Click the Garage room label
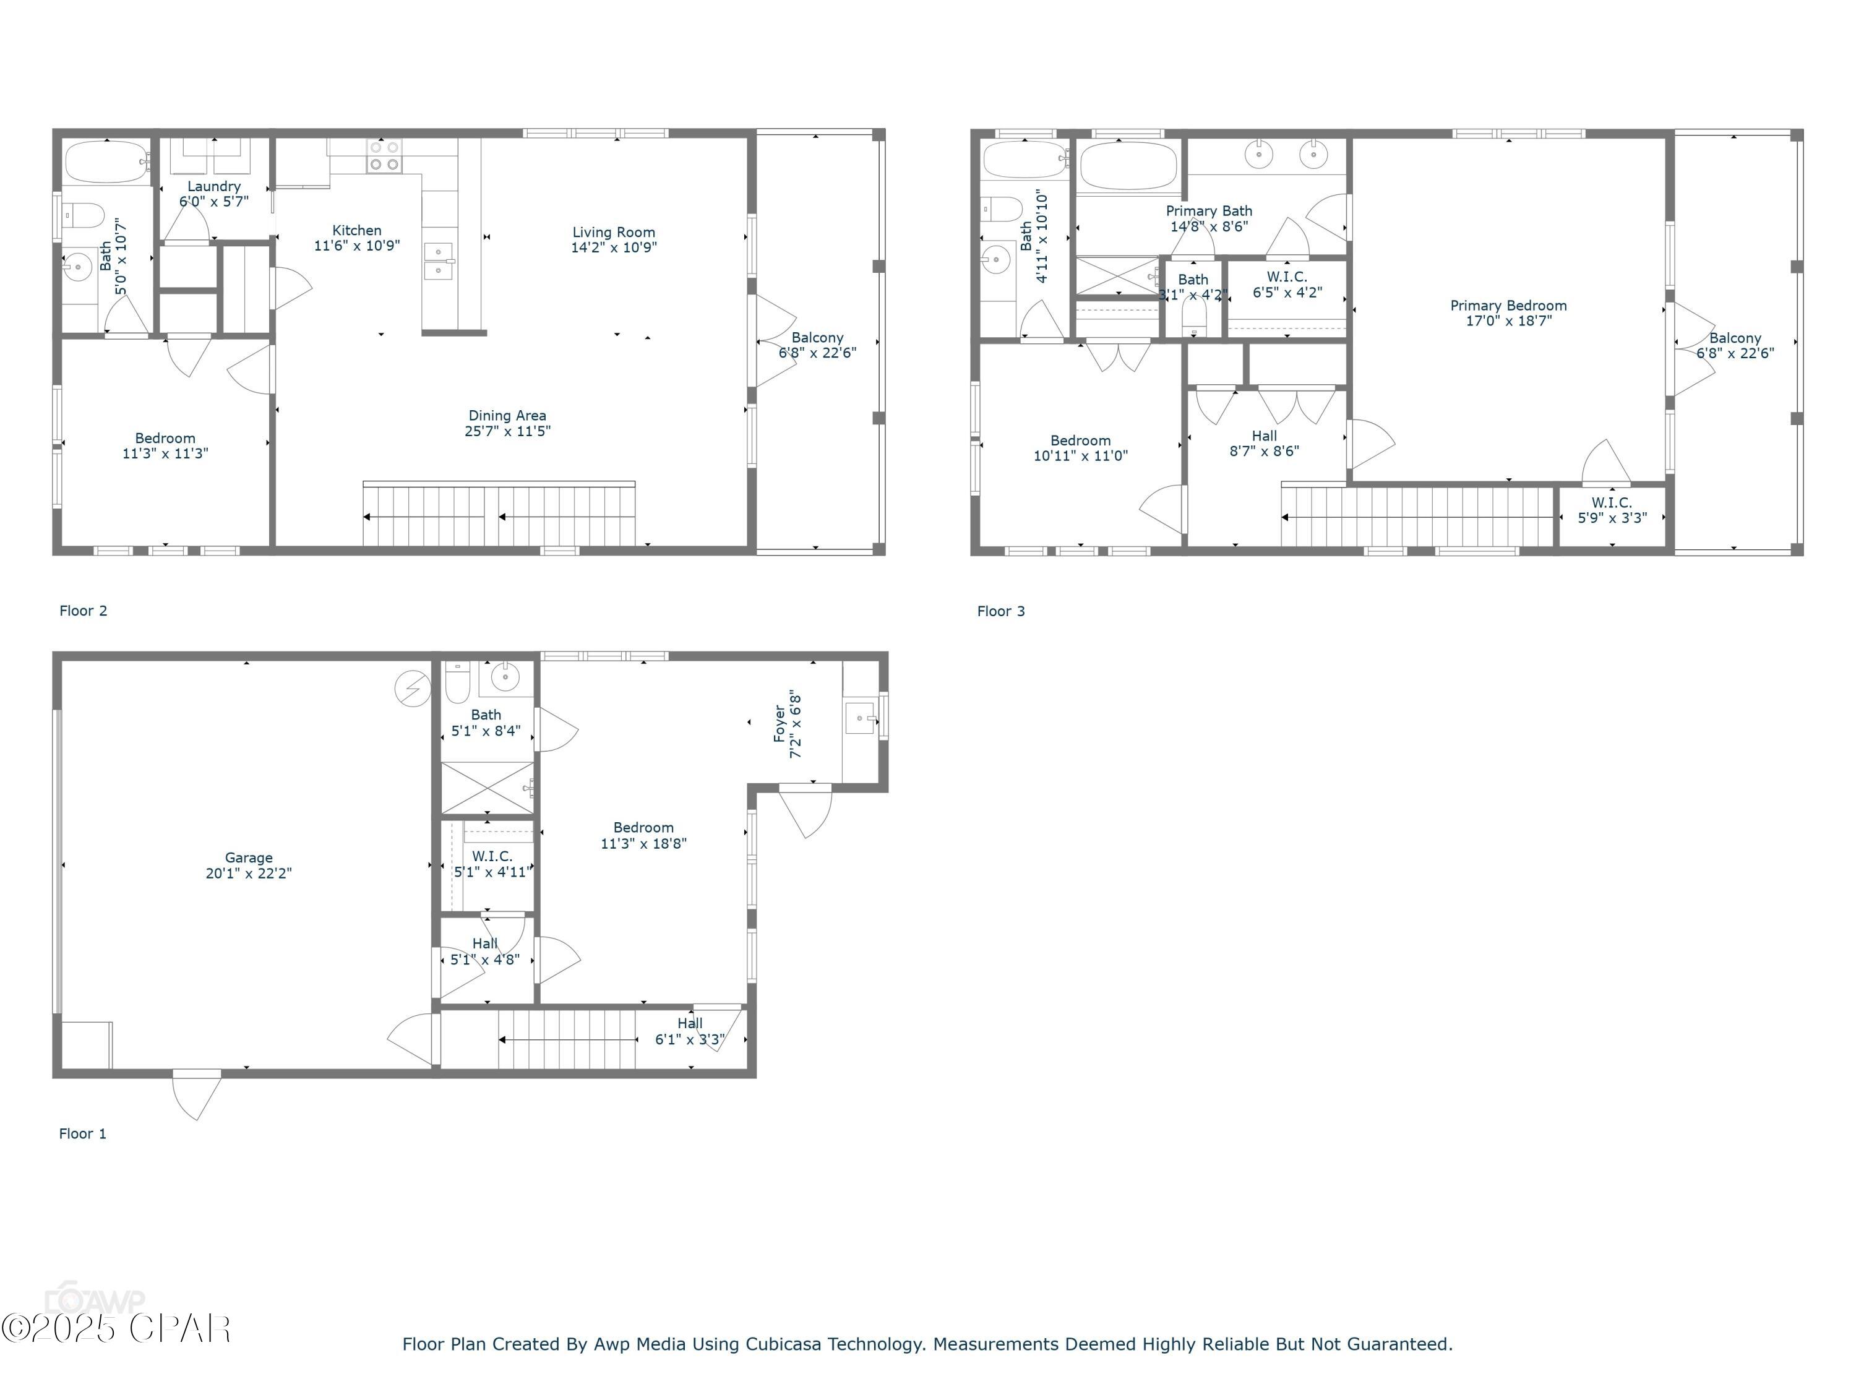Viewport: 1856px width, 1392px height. [248, 857]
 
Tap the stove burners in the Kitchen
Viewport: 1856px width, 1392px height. [384, 156]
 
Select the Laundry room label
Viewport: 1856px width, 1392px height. [214, 186]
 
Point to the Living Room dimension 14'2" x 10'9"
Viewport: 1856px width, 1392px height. [613, 247]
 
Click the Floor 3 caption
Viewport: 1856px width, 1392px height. [1000, 611]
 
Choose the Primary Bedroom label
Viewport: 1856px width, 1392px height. [1508, 306]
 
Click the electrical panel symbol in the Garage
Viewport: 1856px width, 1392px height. [412, 689]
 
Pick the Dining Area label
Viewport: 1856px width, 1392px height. [507, 415]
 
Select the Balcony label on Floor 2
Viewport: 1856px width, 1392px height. [817, 337]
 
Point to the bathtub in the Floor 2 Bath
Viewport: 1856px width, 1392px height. [105, 162]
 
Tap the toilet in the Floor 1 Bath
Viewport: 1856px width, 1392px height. [457, 684]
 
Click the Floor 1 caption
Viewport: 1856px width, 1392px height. [82, 1133]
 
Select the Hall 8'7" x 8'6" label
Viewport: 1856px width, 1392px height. [1263, 443]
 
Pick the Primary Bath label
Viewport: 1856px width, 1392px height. [1208, 210]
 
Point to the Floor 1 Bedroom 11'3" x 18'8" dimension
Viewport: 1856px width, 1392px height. [643, 843]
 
